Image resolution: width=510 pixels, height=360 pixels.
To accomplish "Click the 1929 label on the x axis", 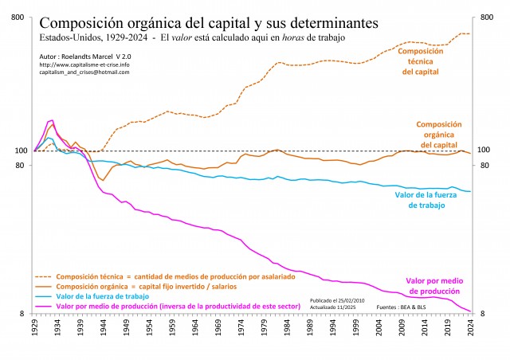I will click(35, 329).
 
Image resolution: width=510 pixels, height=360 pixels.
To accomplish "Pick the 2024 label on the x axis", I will click(471, 329).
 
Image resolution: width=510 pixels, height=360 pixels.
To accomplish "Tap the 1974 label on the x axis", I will click(241, 329).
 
